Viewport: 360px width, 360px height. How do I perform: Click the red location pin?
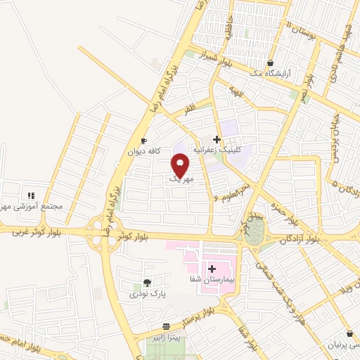point(181,166)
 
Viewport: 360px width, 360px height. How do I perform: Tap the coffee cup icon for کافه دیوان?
point(144,140)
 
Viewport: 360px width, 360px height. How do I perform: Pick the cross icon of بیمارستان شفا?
point(212,269)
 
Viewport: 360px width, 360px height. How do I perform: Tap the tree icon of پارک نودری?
point(146,282)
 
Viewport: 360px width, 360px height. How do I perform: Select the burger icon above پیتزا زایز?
point(165,326)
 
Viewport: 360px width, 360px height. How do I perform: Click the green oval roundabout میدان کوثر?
point(254,235)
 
